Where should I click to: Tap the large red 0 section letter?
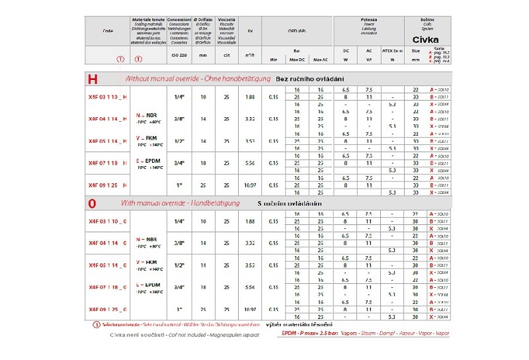tap(93, 204)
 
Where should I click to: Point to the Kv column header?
tap(250, 30)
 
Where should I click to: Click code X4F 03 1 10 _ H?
tap(108, 97)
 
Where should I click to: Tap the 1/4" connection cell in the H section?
tap(179, 97)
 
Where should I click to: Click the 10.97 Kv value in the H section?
tap(250, 185)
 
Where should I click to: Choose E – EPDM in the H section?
tap(147, 161)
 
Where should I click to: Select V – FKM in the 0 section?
tap(147, 263)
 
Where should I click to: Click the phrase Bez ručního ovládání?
tap(309, 79)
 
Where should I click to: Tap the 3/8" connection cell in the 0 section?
tap(179, 243)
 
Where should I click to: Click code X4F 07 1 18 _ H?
tap(108, 162)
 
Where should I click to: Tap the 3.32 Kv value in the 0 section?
tap(250, 243)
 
